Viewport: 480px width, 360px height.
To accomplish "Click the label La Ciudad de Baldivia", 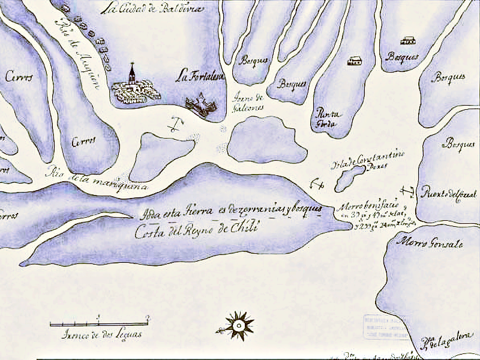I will click(x=152, y=8).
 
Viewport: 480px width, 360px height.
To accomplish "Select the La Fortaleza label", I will click(x=199, y=76).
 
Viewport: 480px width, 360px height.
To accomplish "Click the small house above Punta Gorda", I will click(x=355, y=61).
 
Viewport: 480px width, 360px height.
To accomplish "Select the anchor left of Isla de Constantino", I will click(x=316, y=184).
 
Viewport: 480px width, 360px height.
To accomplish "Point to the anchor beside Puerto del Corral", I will click(x=409, y=192).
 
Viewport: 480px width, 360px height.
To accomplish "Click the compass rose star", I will click(x=238, y=325).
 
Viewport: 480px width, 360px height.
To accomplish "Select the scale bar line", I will click(x=99, y=324).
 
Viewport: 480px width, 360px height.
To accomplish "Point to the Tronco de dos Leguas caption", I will click(x=102, y=335).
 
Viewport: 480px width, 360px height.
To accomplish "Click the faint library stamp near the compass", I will click(x=384, y=328).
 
